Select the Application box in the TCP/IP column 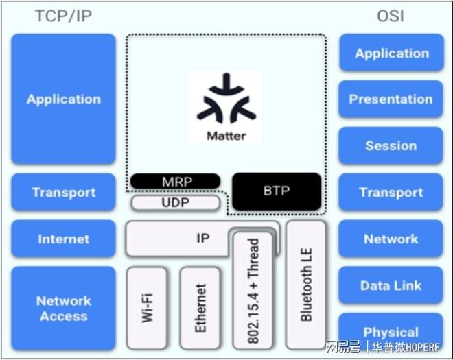(x=64, y=99)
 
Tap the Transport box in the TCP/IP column (x=64, y=193)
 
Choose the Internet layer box (x=64, y=239)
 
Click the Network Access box (x=64, y=308)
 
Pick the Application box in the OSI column (x=391, y=53)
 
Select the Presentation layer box (x=391, y=99)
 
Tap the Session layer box (x=391, y=146)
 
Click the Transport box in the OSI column (x=391, y=193)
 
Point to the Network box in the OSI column (x=391, y=239)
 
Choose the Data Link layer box (x=391, y=286)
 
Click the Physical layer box (x=391, y=333)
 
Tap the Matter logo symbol (x=226, y=99)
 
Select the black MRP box (x=176, y=182)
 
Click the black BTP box (x=277, y=191)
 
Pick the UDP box (x=176, y=203)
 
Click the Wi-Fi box (x=147, y=307)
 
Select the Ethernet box (x=200, y=307)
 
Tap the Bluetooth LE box (x=306, y=281)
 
